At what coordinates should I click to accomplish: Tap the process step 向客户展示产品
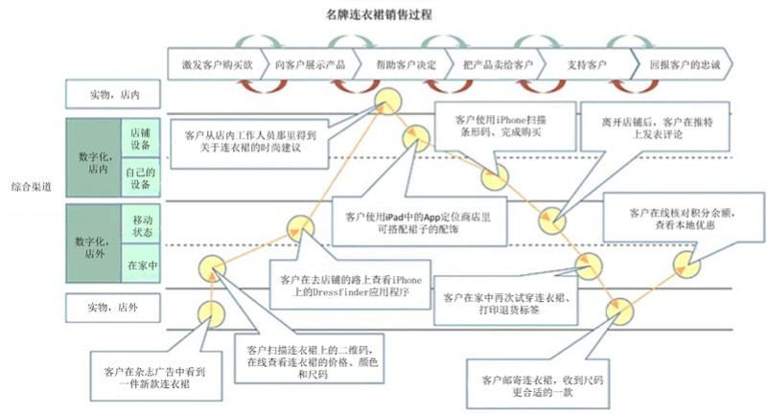[309, 65]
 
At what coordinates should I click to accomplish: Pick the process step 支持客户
[586, 65]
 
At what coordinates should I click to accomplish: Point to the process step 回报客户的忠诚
[684, 65]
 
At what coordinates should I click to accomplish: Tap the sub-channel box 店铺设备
[141, 137]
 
